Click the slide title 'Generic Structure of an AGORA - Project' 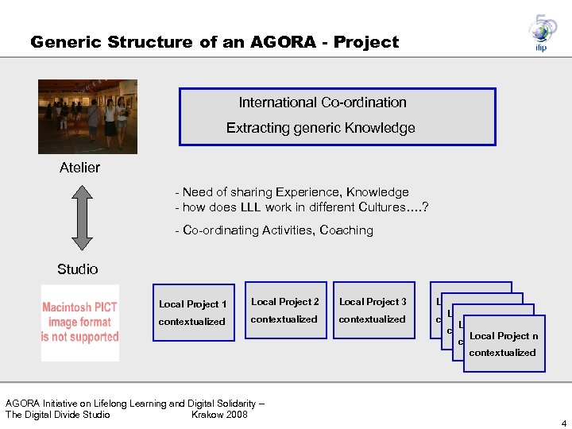(x=214, y=42)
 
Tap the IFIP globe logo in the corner (x=542, y=33)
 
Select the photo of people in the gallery (x=88, y=116)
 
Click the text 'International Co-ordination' (x=323, y=102)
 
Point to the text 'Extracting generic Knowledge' (x=320, y=128)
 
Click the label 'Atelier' (x=79, y=168)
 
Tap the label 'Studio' (x=78, y=269)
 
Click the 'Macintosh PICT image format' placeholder (x=79, y=323)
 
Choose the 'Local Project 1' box (x=193, y=312)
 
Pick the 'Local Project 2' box (x=284, y=310)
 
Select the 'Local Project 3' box (x=373, y=310)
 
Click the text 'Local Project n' (x=504, y=336)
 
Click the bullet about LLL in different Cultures (x=302, y=208)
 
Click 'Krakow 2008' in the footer (x=219, y=414)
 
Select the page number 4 (x=563, y=423)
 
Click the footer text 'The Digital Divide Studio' (x=58, y=414)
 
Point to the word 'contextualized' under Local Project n (x=502, y=353)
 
